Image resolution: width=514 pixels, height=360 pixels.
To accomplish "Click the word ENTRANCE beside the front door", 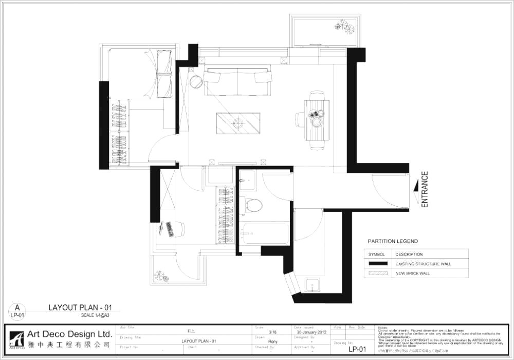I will click(425, 190).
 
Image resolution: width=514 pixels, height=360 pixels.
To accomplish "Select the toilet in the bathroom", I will click(252, 205).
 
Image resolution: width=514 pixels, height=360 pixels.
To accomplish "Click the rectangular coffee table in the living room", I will click(238, 123).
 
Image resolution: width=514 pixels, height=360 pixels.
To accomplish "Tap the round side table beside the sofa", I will click(196, 82).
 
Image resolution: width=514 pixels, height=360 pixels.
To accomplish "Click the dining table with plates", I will click(317, 121).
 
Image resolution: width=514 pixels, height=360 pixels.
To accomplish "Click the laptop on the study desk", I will click(168, 228).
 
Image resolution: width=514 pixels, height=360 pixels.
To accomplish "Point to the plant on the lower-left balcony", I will click(161, 276).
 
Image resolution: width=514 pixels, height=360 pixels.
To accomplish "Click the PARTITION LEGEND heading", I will click(393, 241).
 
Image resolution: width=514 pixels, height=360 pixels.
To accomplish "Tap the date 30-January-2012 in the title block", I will click(311, 333).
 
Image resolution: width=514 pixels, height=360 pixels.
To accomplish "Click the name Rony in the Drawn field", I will click(273, 341).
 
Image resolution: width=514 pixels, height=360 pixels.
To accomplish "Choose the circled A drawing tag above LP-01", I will click(17, 308).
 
